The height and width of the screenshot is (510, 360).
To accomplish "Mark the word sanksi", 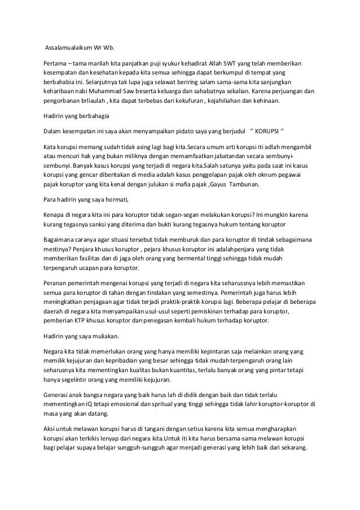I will pyautogui.click(x=106, y=225).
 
